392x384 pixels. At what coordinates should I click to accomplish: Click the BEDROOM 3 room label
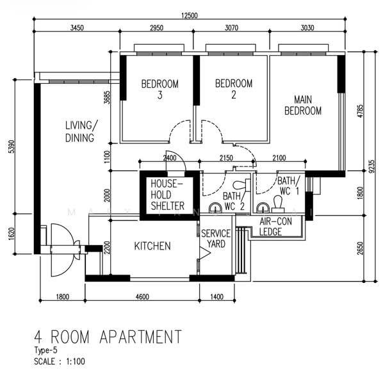point(160,90)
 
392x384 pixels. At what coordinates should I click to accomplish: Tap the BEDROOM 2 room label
point(234,90)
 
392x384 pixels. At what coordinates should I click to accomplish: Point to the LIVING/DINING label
point(81,131)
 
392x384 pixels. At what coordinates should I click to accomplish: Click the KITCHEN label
point(152,246)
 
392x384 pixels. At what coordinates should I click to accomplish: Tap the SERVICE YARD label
point(216,239)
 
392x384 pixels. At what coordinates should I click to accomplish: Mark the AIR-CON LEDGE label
point(270,227)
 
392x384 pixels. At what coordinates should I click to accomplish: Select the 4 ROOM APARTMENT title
point(108,337)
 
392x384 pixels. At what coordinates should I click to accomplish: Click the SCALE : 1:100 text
point(60,362)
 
